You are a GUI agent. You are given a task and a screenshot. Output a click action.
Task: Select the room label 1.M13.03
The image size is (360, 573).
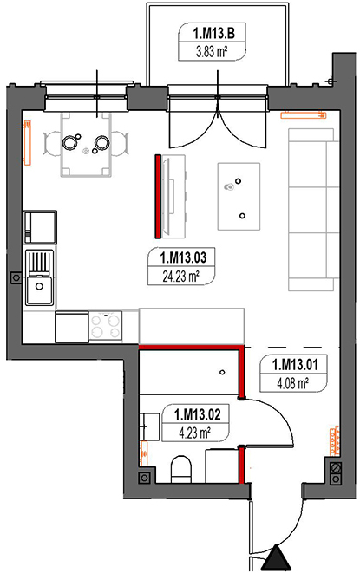click(181, 257)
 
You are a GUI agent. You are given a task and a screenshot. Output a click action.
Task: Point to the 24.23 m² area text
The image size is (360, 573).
click(181, 277)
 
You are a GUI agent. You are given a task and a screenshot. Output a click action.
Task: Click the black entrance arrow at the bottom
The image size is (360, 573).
click(279, 557)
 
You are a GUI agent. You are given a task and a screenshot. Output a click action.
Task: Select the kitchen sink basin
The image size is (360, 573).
click(38, 289)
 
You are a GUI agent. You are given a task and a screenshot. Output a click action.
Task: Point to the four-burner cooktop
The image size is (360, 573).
click(106, 328)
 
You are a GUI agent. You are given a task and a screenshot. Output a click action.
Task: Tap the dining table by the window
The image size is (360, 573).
click(87, 141)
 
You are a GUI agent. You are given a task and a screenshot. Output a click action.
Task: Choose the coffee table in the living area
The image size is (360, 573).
click(239, 194)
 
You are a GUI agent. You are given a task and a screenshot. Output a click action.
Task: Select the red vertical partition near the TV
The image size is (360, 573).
click(158, 195)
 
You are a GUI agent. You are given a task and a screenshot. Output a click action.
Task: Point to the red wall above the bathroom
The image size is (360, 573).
click(190, 347)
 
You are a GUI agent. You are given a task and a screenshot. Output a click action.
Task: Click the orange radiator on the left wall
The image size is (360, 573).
click(28, 139)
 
